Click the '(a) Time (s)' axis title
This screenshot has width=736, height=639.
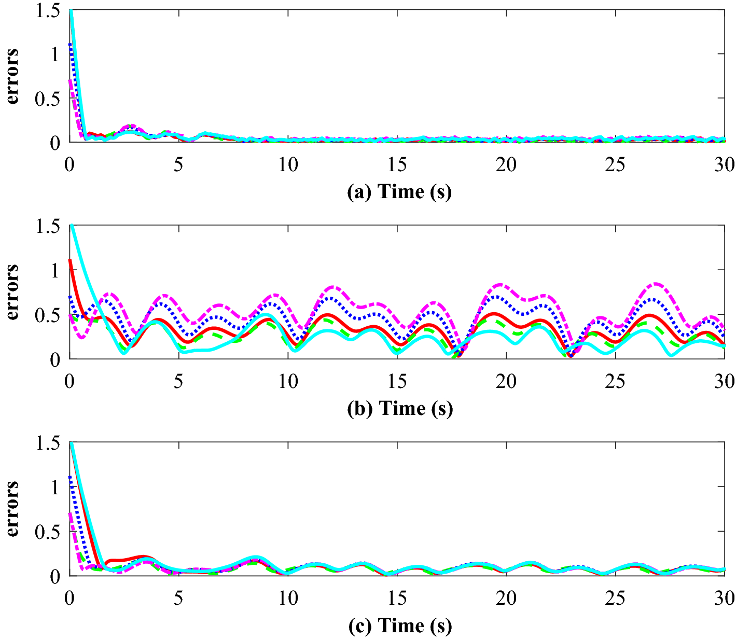pyautogui.click(x=399, y=192)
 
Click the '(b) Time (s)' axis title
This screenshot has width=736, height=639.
pyautogui.click(x=399, y=409)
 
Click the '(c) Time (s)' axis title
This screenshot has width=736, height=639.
pyautogui.click(x=399, y=626)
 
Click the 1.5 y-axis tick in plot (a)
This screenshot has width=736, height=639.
pyautogui.click(x=48, y=10)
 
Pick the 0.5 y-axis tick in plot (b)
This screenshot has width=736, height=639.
pyautogui.click(x=48, y=315)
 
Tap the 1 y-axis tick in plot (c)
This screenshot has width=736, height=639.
pyautogui.click(x=55, y=487)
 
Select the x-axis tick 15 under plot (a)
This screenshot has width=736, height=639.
pyautogui.click(x=397, y=165)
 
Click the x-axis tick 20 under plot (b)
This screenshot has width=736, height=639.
pyautogui.click(x=506, y=382)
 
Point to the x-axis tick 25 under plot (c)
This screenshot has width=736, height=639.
pyautogui.click(x=616, y=599)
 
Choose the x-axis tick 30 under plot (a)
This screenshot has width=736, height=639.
pyautogui.click(x=724, y=165)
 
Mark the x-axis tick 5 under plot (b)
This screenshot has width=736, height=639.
pyautogui.click(x=178, y=382)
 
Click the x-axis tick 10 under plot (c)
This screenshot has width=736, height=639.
pyautogui.click(x=288, y=599)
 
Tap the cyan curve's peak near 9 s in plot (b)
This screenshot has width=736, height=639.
pyautogui.click(x=266, y=315)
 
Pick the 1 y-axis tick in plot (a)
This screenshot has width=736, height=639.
pyautogui.click(x=55, y=54)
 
